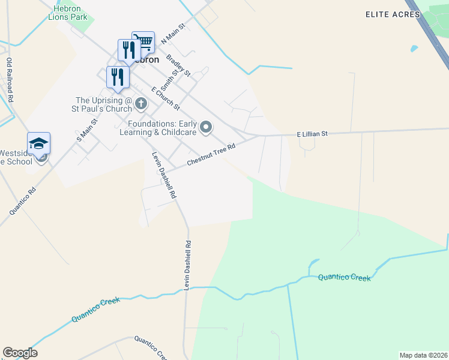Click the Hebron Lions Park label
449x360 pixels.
click(67, 12)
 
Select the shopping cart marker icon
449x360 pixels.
click(143, 42)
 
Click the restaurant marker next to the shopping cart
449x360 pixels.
click(128, 49)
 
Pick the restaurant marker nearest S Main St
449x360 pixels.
click(117, 76)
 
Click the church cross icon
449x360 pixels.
click(141, 104)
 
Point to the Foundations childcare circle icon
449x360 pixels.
click(206, 127)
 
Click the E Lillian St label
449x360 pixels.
click(312, 135)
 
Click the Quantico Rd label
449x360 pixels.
click(23, 201)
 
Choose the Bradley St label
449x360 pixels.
click(178, 66)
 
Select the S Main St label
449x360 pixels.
click(87, 130)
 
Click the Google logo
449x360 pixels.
click(20, 353)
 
